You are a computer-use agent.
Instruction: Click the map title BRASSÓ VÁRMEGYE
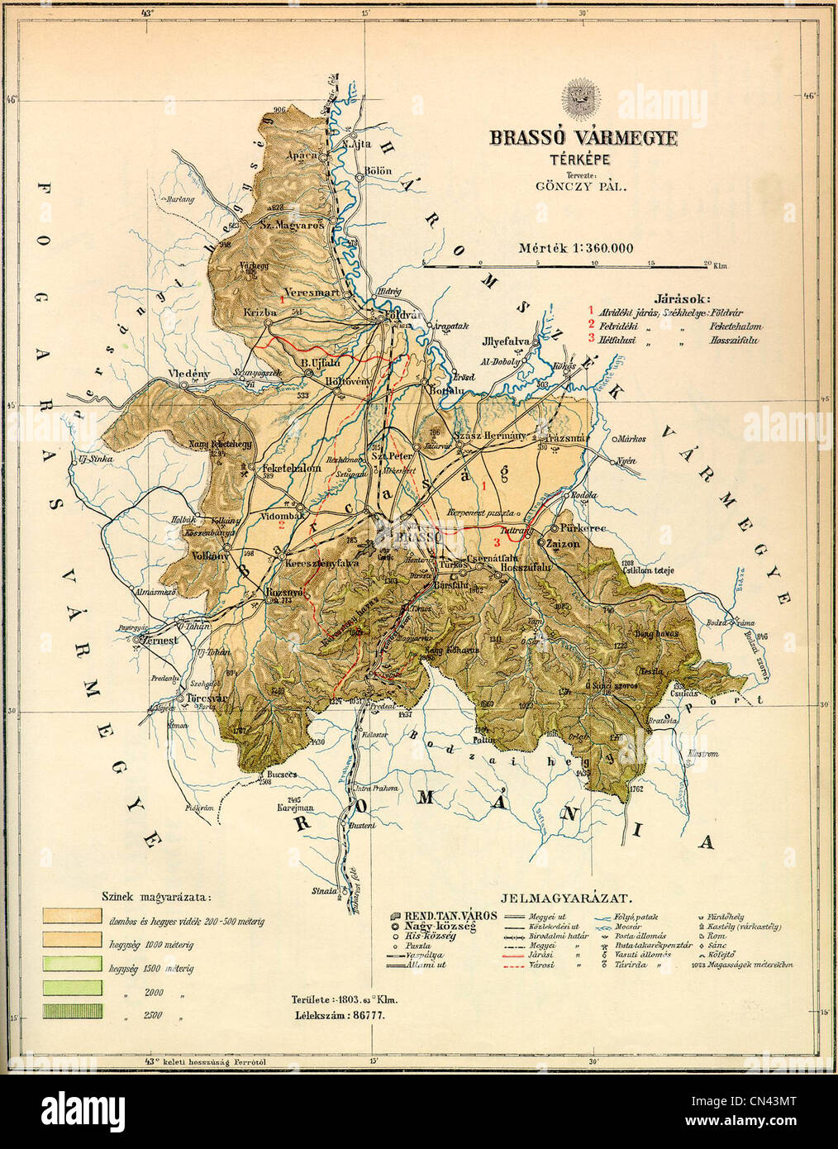click(583, 138)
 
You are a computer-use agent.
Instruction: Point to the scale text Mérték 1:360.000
click(576, 247)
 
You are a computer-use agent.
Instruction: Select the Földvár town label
click(398, 315)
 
